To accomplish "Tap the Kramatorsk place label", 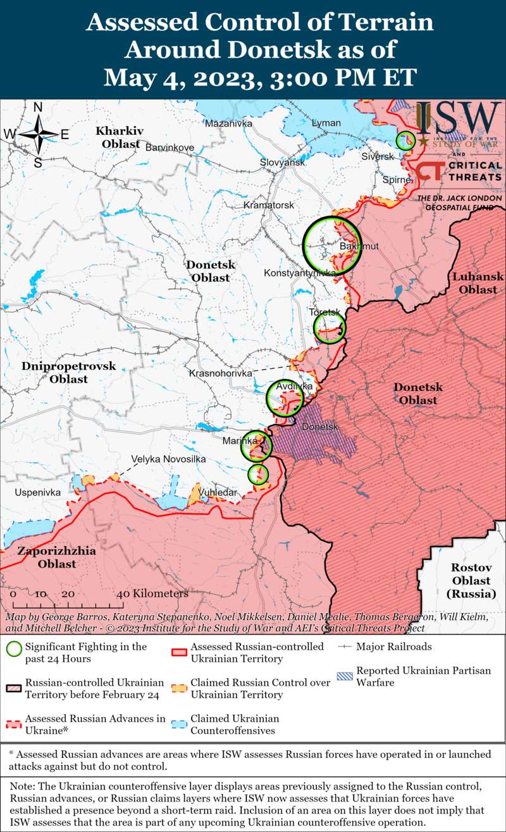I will tap(269, 206).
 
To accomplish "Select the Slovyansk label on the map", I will tap(282, 163).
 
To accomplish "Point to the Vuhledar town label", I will tap(218, 492).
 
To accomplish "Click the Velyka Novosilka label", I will tap(168, 459).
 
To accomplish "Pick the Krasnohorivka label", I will tap(220, 374).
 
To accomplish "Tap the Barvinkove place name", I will tap(170, 147).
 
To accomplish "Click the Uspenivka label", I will tap(38, 492).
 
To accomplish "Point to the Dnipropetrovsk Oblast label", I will tap(68, 373).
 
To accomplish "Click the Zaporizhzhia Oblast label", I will tap(57, 557).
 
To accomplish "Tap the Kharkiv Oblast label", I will tap(118, 137).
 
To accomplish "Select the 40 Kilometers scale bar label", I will tap(152, 594).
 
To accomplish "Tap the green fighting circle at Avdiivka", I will tap(285, 397).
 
